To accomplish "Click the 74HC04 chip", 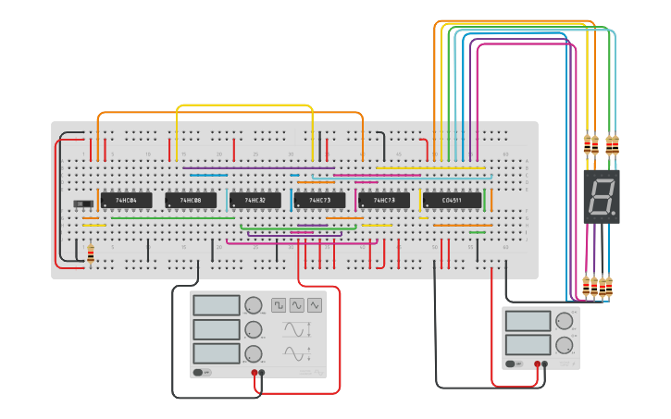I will tap(126, 201).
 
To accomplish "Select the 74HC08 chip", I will tap(191, 201).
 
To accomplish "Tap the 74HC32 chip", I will tap(255, 201).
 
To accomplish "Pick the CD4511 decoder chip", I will tap(453, 201).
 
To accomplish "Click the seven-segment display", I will tap(601, 196).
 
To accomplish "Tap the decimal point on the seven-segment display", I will tap(615, 214).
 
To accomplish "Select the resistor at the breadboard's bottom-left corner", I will tap(90, 253).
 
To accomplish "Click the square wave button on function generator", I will tap(279, 304).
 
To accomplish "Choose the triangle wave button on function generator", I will tap(315, 304).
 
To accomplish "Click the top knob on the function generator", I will tap(253, 305).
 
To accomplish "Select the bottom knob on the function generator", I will tap(253, 353).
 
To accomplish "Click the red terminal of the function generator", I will tap(255, 373).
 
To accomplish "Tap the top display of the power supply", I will tap(528, 320).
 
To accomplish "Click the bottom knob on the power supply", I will tap(564, 345).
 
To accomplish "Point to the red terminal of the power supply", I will tap(544, 364).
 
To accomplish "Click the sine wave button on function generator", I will tap(297, 304).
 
